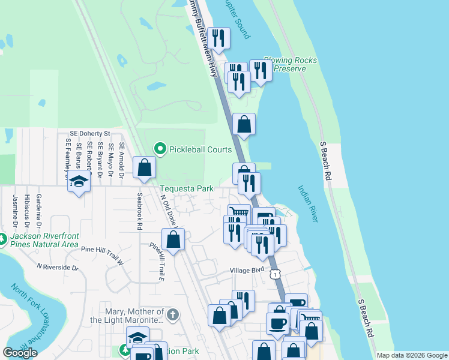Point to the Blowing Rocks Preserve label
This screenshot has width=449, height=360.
(x=291, y=64)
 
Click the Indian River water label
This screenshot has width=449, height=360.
(x=307, y=204)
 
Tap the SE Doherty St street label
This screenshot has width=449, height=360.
(x=90, y=133)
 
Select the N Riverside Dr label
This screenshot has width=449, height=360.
(x=58, y=266)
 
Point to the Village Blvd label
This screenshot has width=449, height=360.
(x=247, y=271)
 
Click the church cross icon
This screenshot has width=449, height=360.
(x=173, y=314)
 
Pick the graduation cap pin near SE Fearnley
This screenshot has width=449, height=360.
(x=78, y=181)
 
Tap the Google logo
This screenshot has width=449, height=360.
(x=20, y=353)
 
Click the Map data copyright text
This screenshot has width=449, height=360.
(x=412, y=355)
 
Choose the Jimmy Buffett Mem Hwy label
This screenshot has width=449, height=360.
(x=204, y=37)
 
